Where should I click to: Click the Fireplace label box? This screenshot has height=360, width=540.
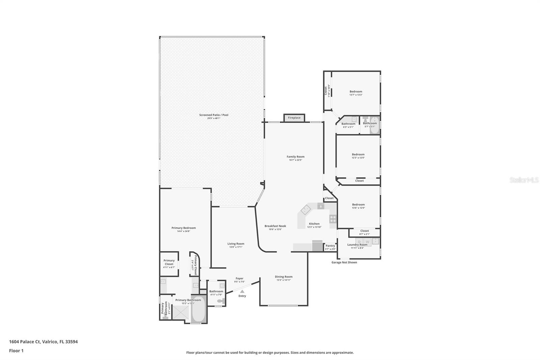tap(294, 118)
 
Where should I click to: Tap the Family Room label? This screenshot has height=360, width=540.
tap(295, 157)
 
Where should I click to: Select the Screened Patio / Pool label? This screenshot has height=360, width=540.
tap(214, 115)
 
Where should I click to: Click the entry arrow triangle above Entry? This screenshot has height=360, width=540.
tap(242, 291)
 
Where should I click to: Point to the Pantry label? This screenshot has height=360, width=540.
tap(330, 246)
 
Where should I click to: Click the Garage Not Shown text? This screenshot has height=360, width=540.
tap(344, 262)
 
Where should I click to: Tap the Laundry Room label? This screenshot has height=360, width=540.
tap(357, 245)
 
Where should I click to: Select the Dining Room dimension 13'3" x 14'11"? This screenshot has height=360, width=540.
tap(283, 280)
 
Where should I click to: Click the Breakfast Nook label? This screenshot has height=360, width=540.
tap(275, 226)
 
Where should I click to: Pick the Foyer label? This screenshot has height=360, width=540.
tap(239, 279)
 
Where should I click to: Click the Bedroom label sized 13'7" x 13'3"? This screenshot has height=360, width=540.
tap(356, 92)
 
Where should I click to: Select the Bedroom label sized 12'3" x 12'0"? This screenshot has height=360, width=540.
tap(358, 154)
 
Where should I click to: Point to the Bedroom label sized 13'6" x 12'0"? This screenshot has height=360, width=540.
tap(358, 205)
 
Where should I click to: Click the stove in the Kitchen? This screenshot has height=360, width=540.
tap(333, 219)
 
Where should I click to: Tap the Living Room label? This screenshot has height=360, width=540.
tap(236, 244)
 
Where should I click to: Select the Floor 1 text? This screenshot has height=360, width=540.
tap(16, 351)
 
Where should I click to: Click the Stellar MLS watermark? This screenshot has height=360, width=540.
tap(524, 180)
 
